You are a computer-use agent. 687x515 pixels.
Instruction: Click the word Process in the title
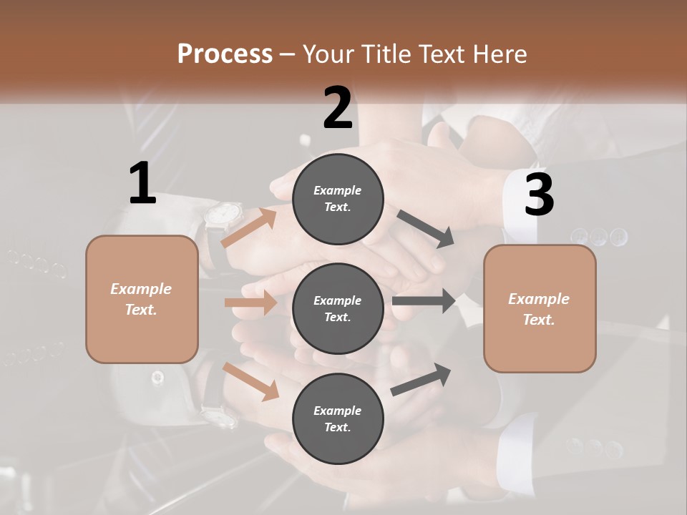(225, 54)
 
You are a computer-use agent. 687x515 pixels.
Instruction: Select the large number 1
(142, 184)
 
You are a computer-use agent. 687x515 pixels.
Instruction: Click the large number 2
(338, 108)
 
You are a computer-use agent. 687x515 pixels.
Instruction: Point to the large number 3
(539, 195)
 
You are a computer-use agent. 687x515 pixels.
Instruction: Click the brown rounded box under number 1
(142, 299)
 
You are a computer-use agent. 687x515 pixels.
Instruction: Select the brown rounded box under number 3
(540, 309)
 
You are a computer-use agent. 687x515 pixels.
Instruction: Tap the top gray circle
(338, 198)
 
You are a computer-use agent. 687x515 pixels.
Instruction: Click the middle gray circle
(338, 308)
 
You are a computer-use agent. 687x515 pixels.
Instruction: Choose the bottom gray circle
(338, 418)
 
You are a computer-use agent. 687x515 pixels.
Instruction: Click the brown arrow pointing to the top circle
(249, 227)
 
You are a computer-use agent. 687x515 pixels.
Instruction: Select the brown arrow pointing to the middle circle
(250, 303)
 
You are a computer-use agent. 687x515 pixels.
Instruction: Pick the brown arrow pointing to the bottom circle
(250, 381)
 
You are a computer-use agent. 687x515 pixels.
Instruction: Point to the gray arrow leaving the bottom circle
(422, 380)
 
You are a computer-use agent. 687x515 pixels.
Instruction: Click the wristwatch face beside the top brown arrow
(225, 214)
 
